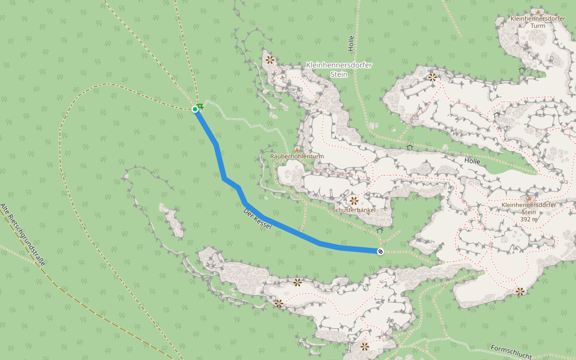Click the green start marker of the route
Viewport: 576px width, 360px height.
pos(195,109)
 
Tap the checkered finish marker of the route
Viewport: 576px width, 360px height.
pos(380,251)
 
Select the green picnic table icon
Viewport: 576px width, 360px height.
pos(200,106)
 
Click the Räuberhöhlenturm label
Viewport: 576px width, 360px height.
pos(297,156)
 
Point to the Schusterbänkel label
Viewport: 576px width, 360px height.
pos(354,210)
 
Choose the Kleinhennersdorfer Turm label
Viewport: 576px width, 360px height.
pos(538,22)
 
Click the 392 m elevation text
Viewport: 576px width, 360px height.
pos(529,219)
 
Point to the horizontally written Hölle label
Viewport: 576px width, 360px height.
pos(472,161)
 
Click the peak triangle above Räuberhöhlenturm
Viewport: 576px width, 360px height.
pos(297,149)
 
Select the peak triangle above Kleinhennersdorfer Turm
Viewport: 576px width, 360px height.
pos(539,11)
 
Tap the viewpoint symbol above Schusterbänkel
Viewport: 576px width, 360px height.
pos(354,200)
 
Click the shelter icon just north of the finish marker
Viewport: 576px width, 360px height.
pos(379,230)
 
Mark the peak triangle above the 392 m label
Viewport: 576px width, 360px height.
pos(529,197)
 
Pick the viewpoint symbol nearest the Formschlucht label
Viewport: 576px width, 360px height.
pos(520,291)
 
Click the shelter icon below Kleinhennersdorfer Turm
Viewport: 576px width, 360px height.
pos(521,70)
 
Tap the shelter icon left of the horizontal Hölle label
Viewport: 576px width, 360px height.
pos(410,147)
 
